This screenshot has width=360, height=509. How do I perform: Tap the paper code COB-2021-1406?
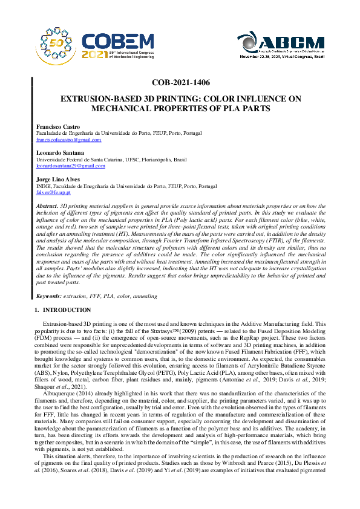181,83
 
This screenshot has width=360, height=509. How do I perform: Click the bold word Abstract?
47,206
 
